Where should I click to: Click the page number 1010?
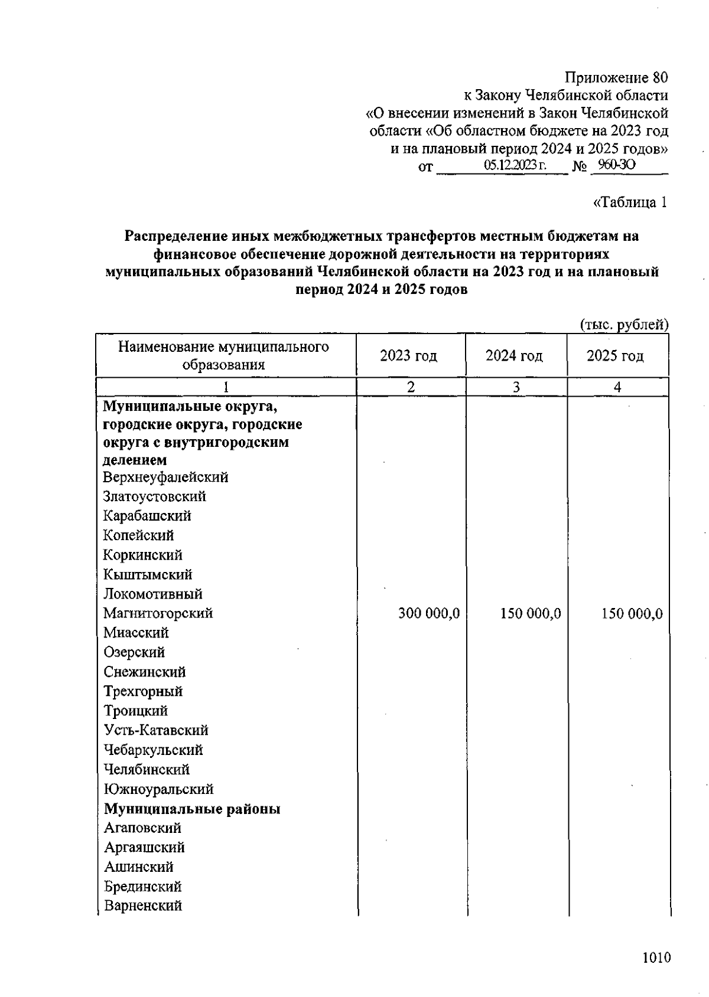[x=656, y=957]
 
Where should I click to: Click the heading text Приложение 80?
[x=616, y=77]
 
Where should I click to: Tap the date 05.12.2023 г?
[x=515, y=165]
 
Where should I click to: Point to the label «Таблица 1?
[x=630, y=202]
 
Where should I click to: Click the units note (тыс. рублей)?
[x=625, y=324]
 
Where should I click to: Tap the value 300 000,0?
[x=428, y=613]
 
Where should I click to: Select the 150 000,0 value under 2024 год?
[x=530, y=613]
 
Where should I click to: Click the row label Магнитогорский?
[x=158, y=613]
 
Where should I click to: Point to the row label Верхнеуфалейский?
[x=165, y=477]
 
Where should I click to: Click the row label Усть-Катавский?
[x=156, y=730]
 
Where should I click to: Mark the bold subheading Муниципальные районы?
[x=192, y=809]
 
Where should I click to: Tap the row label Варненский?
[x=143, y=906]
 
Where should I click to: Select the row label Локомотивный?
[x=152, y=594]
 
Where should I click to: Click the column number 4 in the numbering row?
[x=617, y=387]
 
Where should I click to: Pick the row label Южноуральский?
[x=158, y=789]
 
